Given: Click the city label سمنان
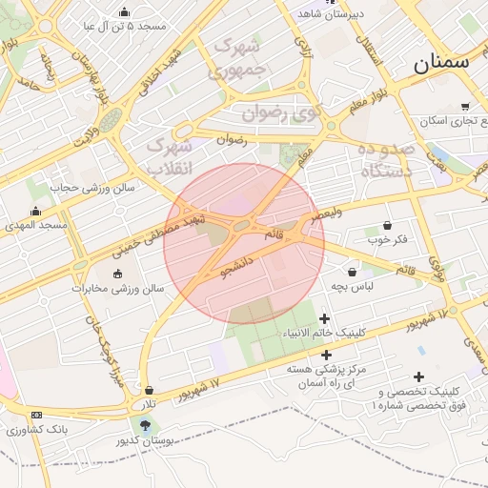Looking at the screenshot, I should coord(440,64).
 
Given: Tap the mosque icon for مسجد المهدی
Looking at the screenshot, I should coord(36,212).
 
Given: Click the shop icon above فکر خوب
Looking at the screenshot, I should coord(387,226).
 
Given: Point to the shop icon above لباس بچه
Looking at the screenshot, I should coord(352,272).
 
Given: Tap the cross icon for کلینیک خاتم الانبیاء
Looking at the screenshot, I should coord(325,318).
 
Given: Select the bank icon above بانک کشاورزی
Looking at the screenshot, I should coord(36,415).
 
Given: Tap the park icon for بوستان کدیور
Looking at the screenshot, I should coord(145,425).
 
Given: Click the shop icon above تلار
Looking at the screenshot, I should coord(150,390).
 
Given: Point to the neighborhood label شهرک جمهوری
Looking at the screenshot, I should coord(238,57).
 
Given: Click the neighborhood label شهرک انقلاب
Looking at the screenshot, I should coord(171,157).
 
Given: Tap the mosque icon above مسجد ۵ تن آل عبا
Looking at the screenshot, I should coord(125,11).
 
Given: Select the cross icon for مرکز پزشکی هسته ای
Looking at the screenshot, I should coord(326,355).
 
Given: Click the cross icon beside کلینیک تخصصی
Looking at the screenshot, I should coord(419,376).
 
